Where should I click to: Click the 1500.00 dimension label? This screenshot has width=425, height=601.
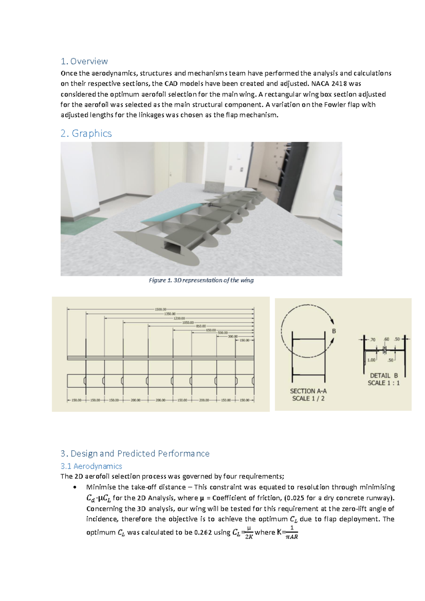(x=160, y=309)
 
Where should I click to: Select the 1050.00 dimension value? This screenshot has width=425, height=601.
(x=188, y=322)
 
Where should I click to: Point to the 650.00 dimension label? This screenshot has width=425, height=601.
(x=211, y=330)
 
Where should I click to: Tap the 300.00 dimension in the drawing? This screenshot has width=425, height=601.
(x=233, y=336)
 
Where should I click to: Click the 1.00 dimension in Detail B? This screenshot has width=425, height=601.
(x=371, y=360)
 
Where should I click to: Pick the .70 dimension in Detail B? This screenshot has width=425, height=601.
(x=372, y=339)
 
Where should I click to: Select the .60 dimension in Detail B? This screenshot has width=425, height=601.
(x=386, y=339)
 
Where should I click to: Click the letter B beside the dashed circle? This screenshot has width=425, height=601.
(x=334, y=331)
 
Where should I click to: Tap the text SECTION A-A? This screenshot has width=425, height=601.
(x=308, y=391)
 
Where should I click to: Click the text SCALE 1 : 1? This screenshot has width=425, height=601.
(x=384, y=383)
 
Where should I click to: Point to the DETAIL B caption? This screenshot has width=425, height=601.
(x=384, y=376)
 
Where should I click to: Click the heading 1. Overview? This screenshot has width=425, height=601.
(x=84, y=61)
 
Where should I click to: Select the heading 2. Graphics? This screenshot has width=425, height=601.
(x=86, y=133)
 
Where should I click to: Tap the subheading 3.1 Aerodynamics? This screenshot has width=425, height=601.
(x=91, y=466)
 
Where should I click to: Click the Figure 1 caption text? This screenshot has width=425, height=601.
(x=201, y=280)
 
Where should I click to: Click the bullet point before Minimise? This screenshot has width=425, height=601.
(x=74, y=487)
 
